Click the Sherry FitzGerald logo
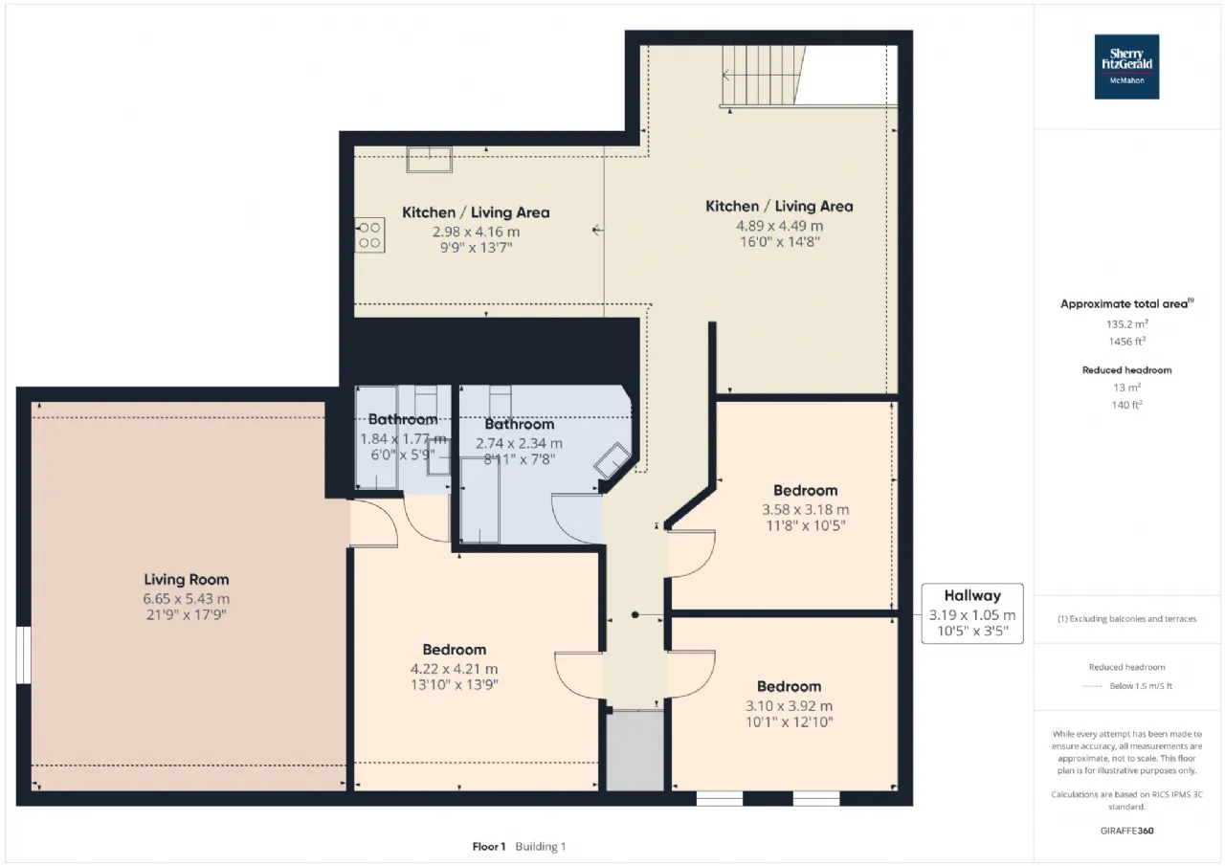click(1126, 67)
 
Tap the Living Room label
click(187, 580)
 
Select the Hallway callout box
click(972, 613)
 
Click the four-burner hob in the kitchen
click(369, 235)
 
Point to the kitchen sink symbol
click(430, 160)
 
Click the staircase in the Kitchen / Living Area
click(763, 76)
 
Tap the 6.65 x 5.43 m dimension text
click(187, 599)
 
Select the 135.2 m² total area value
click(1127, 324)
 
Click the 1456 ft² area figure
click(1127, 342)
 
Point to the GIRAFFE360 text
click(1127, 831)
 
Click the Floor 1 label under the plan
click(489, 846)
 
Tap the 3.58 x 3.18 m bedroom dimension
click(806, 510)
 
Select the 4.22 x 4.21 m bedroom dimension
click(455, 669)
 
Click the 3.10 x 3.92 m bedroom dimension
click(790, 706)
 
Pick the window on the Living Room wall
click(23, 655)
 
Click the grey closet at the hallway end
click(635, 750)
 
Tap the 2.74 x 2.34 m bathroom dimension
click(519, 443)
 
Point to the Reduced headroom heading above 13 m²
click(1127, 370)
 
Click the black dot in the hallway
click(635, 615)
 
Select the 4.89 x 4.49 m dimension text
click(779, 226)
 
